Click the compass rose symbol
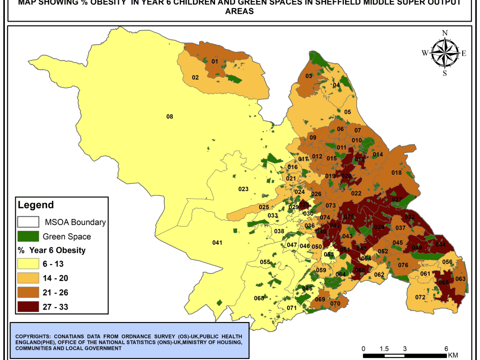point(444,53)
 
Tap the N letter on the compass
point(445,33)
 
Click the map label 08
point(169,117)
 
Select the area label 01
point(215,61)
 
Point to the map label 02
point(195,77)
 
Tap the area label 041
point(217,243)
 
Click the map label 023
point(243,189)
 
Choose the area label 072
point(420,297)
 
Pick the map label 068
point(259,298)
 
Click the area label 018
point(396,173)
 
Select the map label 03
point(309,76)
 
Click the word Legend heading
point(36,205)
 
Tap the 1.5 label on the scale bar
point(384,348)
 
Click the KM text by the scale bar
point(453,355)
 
